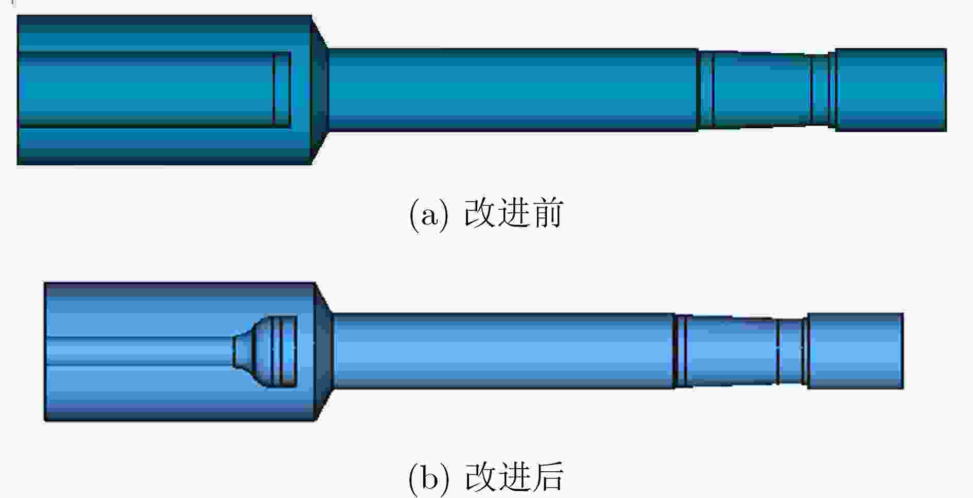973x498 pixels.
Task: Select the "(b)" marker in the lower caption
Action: click(x=428, y=478)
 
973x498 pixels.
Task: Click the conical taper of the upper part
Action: click(x=320, y=90)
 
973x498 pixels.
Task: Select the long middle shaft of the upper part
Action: click(x=513, y=90)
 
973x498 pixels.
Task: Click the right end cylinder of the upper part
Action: click(x=891, y=90)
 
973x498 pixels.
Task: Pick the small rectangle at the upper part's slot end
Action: click(x=282, y=90)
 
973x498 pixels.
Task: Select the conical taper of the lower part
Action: click(x=324, y=352)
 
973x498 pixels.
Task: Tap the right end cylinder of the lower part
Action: click(x=855, y=351)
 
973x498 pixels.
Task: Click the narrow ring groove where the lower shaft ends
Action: click(x=681, y=351)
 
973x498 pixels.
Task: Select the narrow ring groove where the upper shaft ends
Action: click(x=706, y=90)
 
